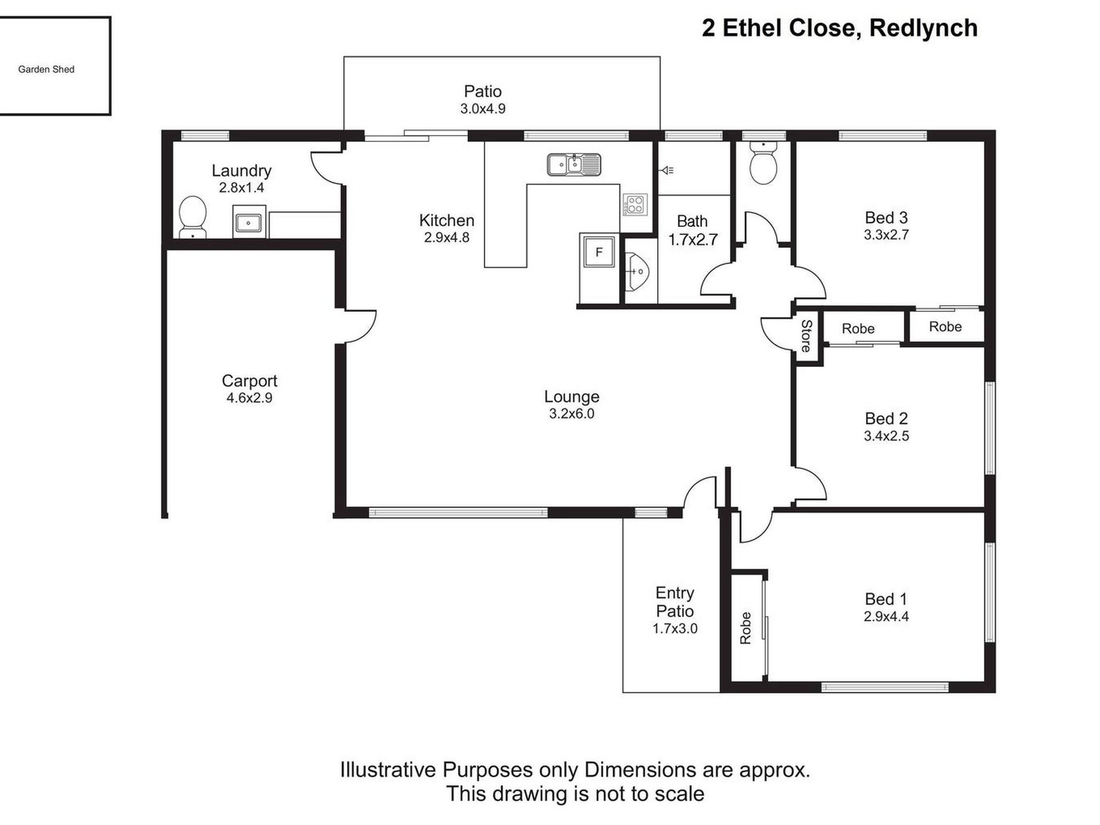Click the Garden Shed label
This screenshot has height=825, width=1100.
[46, 69]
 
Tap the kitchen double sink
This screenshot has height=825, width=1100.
[574, 164]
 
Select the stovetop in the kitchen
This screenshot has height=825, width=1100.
[635, 204]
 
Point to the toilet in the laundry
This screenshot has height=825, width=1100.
[193, 217]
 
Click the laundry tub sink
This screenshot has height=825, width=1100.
[250, 221]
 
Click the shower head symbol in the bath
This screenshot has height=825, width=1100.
[667, 170]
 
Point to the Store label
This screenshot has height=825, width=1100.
[806, 336]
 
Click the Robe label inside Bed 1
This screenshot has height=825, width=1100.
[746, 628]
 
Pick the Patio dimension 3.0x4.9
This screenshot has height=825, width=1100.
[483, 109]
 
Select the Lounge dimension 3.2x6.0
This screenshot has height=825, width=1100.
[571, 414]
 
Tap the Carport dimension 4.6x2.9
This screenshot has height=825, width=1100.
[250, 398]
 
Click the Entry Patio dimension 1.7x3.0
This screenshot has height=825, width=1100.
[675, 629]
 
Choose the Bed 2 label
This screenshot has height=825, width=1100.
[886, 419]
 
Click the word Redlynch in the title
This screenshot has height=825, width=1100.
[923, 28]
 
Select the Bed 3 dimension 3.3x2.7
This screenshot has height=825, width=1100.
[886, 235]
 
